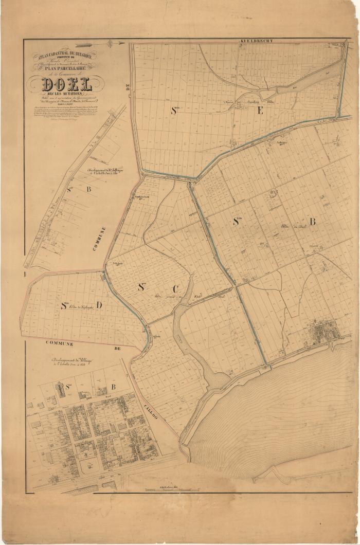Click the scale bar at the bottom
[165, 491]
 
